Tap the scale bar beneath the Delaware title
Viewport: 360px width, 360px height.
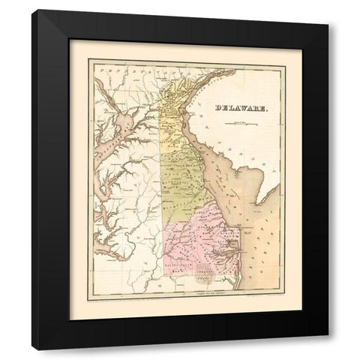point(239,119)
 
